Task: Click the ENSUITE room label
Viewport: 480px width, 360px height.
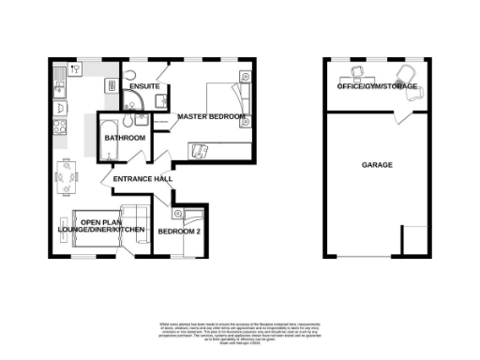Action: [143, 87]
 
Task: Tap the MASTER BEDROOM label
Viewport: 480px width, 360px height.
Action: [212, 117]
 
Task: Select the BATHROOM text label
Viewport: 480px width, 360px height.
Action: [125, 139]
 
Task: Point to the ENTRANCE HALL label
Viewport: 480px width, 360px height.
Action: [142, 179]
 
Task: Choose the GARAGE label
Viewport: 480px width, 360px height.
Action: [377, 165]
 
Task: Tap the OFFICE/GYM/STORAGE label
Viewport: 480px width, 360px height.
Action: [377, 87]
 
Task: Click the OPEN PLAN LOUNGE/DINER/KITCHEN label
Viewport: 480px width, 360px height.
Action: [101, 227]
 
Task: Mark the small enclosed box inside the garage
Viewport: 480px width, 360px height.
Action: [413, 240]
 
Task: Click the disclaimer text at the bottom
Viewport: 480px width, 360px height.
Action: [239, 327]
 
